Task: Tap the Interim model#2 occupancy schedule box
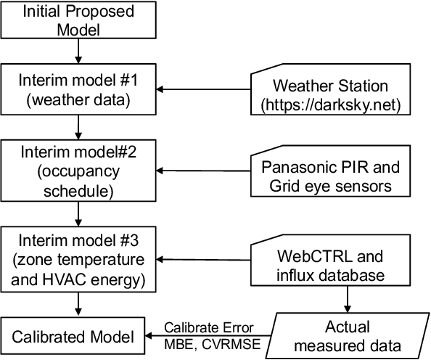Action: point(76,171)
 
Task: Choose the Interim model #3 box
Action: point(76,258)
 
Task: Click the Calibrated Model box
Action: point(76,337)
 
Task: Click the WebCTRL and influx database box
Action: point(330,259)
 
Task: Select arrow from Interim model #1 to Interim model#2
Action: point(76,128)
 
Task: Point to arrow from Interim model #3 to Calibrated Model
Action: point(76,305)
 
